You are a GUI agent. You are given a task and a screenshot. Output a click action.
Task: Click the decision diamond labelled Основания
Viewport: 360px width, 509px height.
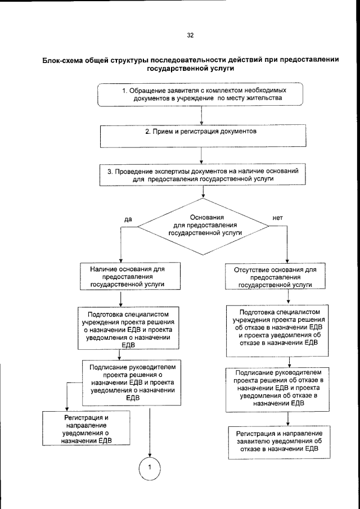click(x=204, y=225)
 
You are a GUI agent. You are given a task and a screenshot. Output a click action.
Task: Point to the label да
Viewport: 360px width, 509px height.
click(x=128, y=218)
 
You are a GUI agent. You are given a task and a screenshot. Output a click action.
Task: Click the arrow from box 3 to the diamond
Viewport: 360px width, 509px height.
click(x=201, y=192)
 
